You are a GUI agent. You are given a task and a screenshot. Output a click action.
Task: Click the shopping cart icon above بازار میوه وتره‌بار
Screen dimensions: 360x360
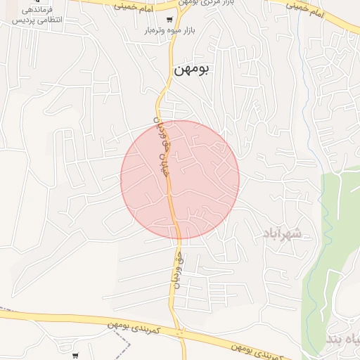(170, 20)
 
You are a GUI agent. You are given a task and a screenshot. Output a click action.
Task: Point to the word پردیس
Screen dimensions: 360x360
(68, 21)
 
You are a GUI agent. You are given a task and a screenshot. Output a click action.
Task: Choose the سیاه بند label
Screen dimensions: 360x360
(342, 340)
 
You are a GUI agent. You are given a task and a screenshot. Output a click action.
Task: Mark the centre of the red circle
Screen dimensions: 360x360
(180, 180)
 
